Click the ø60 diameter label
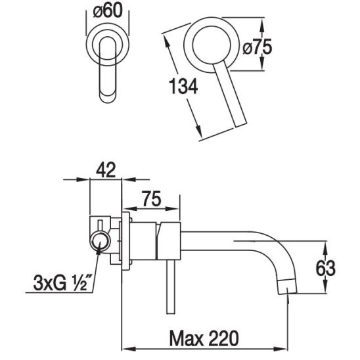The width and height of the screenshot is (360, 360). pyautogui.click(x=108, y=11)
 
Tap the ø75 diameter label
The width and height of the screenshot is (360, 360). pyautogui.click(x=257, y=47)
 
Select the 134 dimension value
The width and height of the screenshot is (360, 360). pyautogui.click(x=183, y=86)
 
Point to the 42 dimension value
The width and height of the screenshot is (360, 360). pyautogui.click(x=106, y=170)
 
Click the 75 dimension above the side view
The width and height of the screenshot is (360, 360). pyautogui.click(x=152, y=198)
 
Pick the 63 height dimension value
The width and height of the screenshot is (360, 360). pyautogui.click(x=326, y=268)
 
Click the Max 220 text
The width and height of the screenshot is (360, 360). pyautogui.click(x=204, y=338)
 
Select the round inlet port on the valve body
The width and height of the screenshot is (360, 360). pyautogui.click(x=101, y=242)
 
